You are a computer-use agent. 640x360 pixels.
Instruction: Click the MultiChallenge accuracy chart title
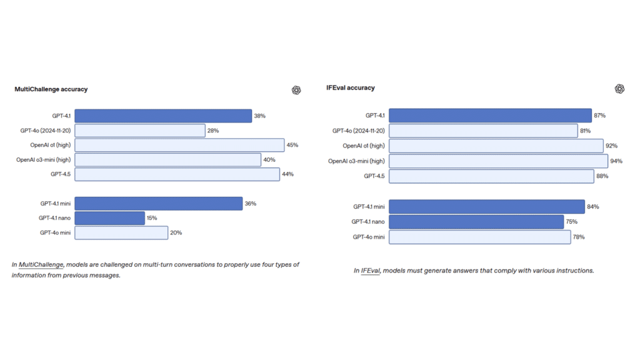tap(51, 89)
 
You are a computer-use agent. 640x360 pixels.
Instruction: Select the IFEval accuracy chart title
tap(351, 88)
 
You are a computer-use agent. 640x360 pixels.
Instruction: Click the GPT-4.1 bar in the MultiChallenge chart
tap(163, 116)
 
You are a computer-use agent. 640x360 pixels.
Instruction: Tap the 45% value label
tap(292, 145)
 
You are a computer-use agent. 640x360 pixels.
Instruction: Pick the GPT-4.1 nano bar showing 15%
tap(110, 218)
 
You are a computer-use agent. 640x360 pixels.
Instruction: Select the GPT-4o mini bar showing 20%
tap(121, 232)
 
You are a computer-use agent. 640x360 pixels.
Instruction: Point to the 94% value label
tap(616, 161)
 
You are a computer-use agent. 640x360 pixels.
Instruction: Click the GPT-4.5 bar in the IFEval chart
tap(491, 176)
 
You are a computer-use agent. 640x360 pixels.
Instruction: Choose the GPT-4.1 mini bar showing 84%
tap(487, 206)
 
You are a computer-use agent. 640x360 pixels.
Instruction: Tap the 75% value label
tap(571, 222)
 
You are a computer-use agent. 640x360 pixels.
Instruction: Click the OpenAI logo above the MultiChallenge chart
tap(296, 90)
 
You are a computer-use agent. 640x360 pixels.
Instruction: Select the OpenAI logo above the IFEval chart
tap(619, 89)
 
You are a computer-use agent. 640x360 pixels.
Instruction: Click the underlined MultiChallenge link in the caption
tap(41, 265)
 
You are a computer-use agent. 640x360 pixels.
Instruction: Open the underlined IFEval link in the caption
tap(371, 271)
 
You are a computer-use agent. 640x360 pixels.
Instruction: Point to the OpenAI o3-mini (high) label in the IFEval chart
tap(356, 161)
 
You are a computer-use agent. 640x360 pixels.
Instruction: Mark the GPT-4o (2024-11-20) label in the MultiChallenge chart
tap(45, 131)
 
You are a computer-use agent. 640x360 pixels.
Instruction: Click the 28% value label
tap(213, 131)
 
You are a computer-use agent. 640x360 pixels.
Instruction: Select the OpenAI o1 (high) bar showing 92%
tap(496, 146)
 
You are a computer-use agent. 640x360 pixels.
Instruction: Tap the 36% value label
tap(251, 204)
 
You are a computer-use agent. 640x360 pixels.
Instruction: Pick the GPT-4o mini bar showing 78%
tap(480, 237)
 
